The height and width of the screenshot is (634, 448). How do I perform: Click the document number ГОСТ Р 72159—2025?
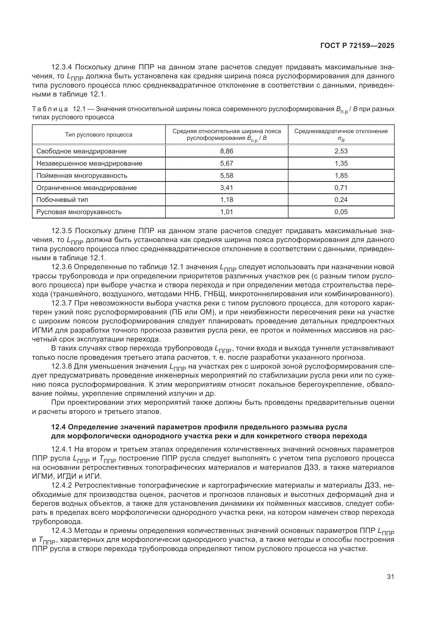click(x=357, y=46)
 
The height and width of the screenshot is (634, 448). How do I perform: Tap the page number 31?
click(x=390, y=577)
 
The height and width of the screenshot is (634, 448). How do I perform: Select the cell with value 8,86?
click(x=226, y=151)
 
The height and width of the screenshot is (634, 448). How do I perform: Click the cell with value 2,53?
click(x=341, y=151)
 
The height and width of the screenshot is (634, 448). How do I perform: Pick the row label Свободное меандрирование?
click(x=81, y=151)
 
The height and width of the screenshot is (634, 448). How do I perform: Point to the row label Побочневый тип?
click(x=62, y=200)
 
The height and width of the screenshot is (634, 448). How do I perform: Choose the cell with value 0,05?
click(x=341, y=212)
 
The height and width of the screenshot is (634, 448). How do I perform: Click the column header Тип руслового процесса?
click(x=99, y=135)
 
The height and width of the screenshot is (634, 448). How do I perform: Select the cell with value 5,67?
click(x=226, y=163)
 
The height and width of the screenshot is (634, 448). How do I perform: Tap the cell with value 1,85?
click(x=341, y=175)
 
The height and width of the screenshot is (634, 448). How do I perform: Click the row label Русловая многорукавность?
click(x=79, y=212)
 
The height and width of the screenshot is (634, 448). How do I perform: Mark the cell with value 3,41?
click(x=226, y=188)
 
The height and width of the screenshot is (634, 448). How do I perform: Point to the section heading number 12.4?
click(x=58, y=427)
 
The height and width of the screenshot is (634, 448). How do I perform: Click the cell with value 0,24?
click(x=341, y=200)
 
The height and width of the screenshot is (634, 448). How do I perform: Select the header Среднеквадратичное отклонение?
click(x=341, y=131)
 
